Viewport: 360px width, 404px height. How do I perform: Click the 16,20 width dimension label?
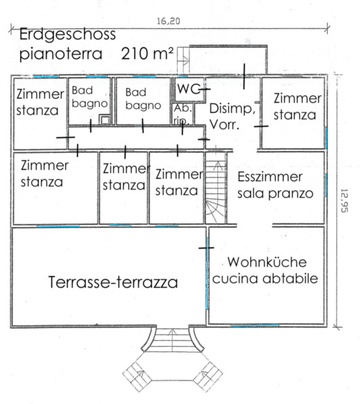point(168,21)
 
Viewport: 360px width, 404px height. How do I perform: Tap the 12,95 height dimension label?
point(344,201)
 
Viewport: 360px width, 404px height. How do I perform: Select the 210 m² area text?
point(147,54)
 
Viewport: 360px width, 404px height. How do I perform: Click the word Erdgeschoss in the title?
point(67,34)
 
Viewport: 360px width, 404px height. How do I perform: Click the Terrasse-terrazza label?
point(113,282)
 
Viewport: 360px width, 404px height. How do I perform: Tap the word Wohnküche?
point(267,262)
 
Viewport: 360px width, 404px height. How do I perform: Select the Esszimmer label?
point(270,176)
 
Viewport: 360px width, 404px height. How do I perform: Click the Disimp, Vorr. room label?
point(232,116)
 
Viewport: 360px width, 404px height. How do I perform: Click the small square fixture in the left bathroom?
point(105,119)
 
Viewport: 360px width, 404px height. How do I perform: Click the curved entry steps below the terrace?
point(172,339)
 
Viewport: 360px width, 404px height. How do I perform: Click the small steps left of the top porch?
point(183,61)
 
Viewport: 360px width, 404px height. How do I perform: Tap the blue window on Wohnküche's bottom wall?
point(255,326)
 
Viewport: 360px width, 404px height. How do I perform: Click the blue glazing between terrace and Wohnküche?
point(207,273)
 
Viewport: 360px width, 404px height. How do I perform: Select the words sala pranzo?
point(275,194)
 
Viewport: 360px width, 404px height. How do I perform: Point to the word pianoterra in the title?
point(61,55)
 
